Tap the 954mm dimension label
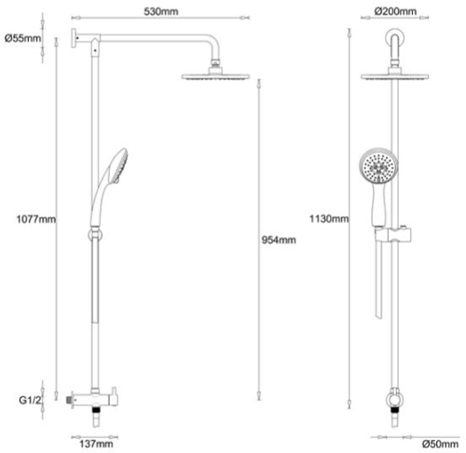(x=279, y=240)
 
